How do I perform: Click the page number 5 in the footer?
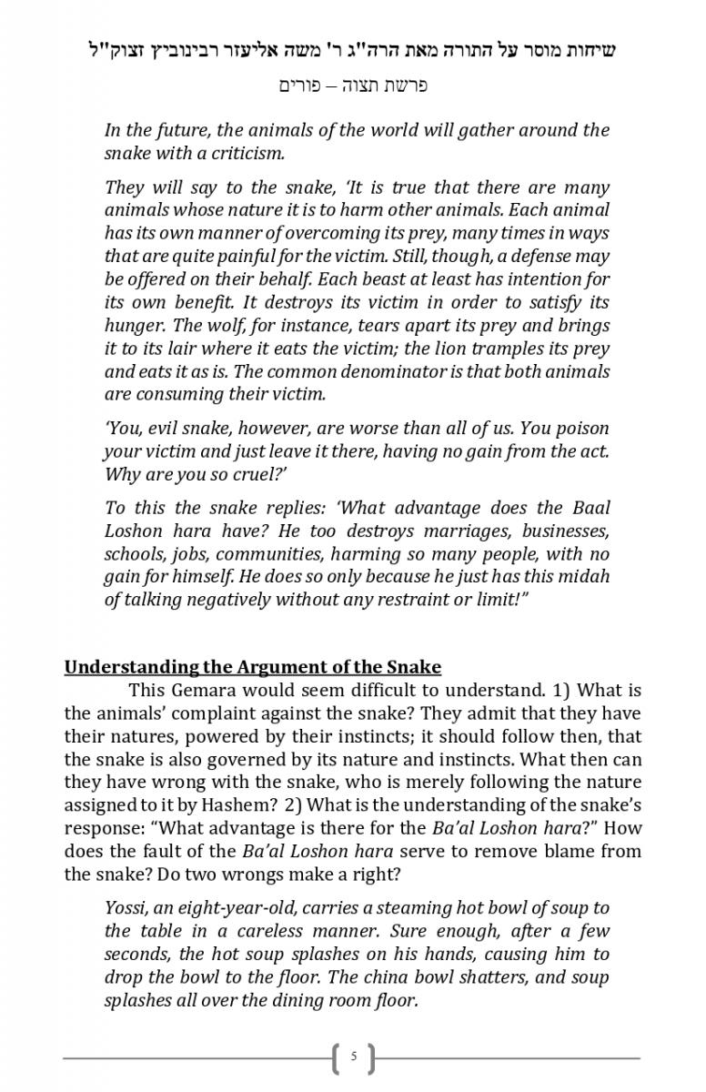coord(353,1057)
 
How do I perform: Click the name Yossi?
coord(126,907)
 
